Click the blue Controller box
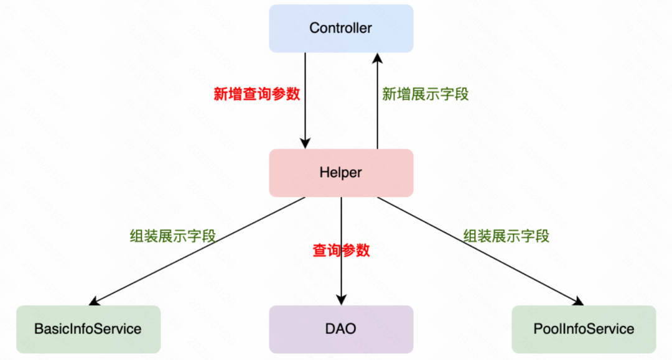pyautogui.click(x=341, y=29)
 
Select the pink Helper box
pyautogui.click(x=341, y=173)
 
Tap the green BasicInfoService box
pyautogui.click(x=88, y=329)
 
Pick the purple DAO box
pyautogui.click(x=341, y=329)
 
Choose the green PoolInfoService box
pyautogui.click(x=584, y=329)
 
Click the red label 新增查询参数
pyautogui.click(x=257, y=95)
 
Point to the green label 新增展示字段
pyautogui.click(x=425, y=95)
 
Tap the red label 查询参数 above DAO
pyautogui.click(x=341, y=251)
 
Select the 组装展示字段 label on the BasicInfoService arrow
pyautogui.click(x=173, y=236)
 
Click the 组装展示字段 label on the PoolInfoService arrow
pyautogui.click(x=506, y=236)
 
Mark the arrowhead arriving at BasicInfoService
pyautogui.click(x=95, y=302)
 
